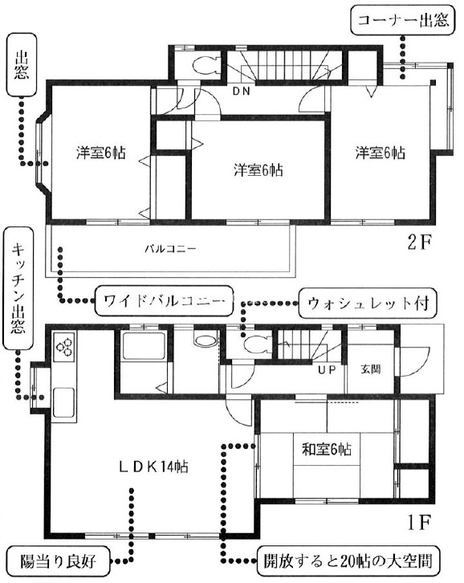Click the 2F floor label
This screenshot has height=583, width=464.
419,243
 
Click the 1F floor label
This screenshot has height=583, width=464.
418,523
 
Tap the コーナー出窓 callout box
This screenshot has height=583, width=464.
403,20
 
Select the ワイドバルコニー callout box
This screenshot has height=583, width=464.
164,301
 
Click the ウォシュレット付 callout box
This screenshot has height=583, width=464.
368,303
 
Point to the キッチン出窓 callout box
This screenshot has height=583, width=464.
18,288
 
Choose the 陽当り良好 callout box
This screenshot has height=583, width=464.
59,561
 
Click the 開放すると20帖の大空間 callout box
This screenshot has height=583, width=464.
348,561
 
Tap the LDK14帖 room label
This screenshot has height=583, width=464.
153,467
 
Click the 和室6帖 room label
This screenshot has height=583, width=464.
327,450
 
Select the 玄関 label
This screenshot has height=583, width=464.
371,369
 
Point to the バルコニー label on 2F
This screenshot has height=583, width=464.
171,248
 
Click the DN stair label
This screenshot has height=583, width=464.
242,91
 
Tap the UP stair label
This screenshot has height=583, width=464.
327,369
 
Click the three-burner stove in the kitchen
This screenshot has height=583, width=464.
65,347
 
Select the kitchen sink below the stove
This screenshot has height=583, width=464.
63,402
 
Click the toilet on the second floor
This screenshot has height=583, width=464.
205,65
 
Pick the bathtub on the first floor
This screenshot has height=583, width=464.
144,346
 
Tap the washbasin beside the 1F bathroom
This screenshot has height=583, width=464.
205,340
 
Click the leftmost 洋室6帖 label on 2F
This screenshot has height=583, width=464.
101,153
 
